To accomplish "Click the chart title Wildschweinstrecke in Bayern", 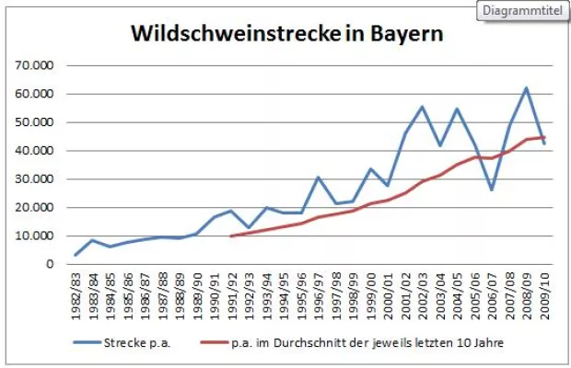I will [x=286, y=34].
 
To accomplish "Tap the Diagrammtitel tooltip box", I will [x=521, y=11].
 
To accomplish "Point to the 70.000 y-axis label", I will [x=34, y=65].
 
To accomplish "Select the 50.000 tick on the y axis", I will [x=34, y=122].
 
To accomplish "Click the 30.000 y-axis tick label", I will [x=34, y=179].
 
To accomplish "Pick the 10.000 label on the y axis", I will [x=34, y=236].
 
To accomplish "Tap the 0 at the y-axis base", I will [x=51, y=264].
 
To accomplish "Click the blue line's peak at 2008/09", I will [x=526, y=88].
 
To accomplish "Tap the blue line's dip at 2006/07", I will [x=491, y=190].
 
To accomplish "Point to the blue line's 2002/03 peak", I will [x=422, y=107].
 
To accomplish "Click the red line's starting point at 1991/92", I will [x=231, y=236].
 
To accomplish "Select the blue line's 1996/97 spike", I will [x=318, y=177].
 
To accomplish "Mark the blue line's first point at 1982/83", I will [x=76, y=255].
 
